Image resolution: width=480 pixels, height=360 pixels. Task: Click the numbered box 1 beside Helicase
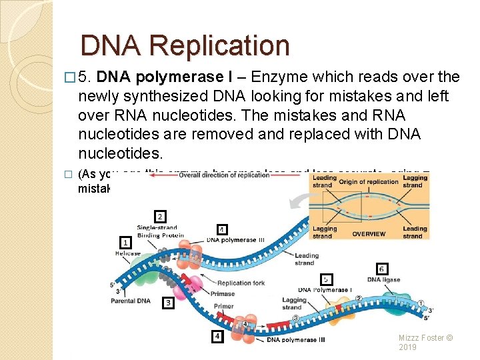pyautogui.click(x=125, y=242)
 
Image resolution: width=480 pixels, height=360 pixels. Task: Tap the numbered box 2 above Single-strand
pyautogui.click(x=160, y=217)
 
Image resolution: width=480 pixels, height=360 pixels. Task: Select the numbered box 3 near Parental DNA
pyautogui.click(x=169, y=303)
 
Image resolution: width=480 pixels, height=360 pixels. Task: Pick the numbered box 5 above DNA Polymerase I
pyautogui.click(x=326, y=279)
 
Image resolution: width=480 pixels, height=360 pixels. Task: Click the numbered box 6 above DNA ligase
pyautogui.click(x=381, y=269)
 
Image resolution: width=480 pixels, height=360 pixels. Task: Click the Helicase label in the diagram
pyautogui.click(x=127, y=254)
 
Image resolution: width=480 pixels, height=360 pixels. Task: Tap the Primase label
pyautogui.click(x=223, y=293)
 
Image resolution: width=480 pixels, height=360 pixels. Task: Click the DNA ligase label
pyautogui.click(x=383, y=280)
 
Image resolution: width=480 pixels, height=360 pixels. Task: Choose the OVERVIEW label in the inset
pyautogui.click(x=369, y=234)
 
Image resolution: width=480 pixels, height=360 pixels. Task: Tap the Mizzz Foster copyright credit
pyautogui.click(x=425, y=342)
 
